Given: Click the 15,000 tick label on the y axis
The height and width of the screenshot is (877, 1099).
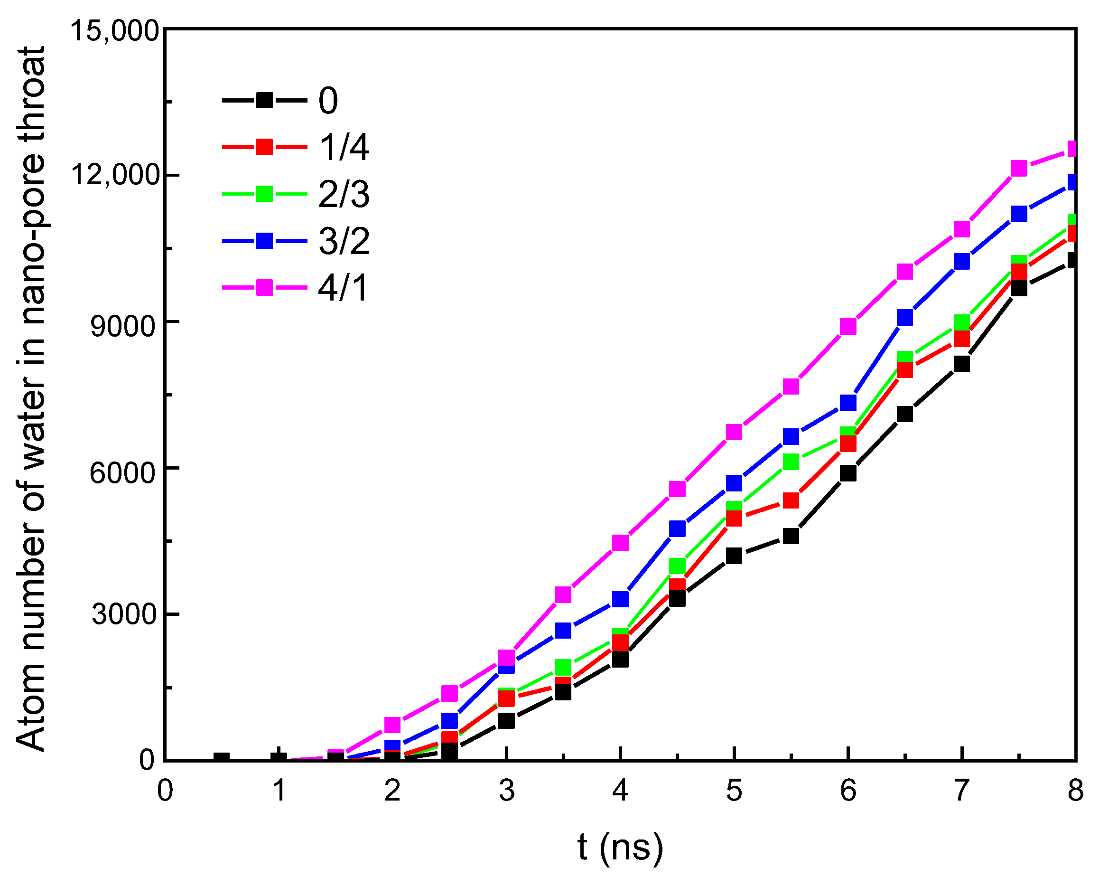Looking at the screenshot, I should pyautogui.click(x=115, y=30).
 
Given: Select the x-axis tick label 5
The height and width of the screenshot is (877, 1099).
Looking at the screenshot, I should pyautogui.click(x=734, y=791).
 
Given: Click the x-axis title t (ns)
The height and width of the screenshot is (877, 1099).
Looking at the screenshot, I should pyautogui.click(x=620, y=848).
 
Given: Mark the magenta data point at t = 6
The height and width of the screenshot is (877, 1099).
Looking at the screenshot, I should pyautogui.click(x=848, y=326).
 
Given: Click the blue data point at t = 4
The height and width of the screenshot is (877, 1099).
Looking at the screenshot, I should pyautogui.click(x=620, y=599).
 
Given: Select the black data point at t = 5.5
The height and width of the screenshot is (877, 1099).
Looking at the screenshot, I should pyautogui.click(x=791, y=536).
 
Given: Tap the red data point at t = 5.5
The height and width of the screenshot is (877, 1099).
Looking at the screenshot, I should pyautogui.click(x=791, y=500).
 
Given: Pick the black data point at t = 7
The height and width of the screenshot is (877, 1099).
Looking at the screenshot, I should pyautogui.click(x=961, y=364).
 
